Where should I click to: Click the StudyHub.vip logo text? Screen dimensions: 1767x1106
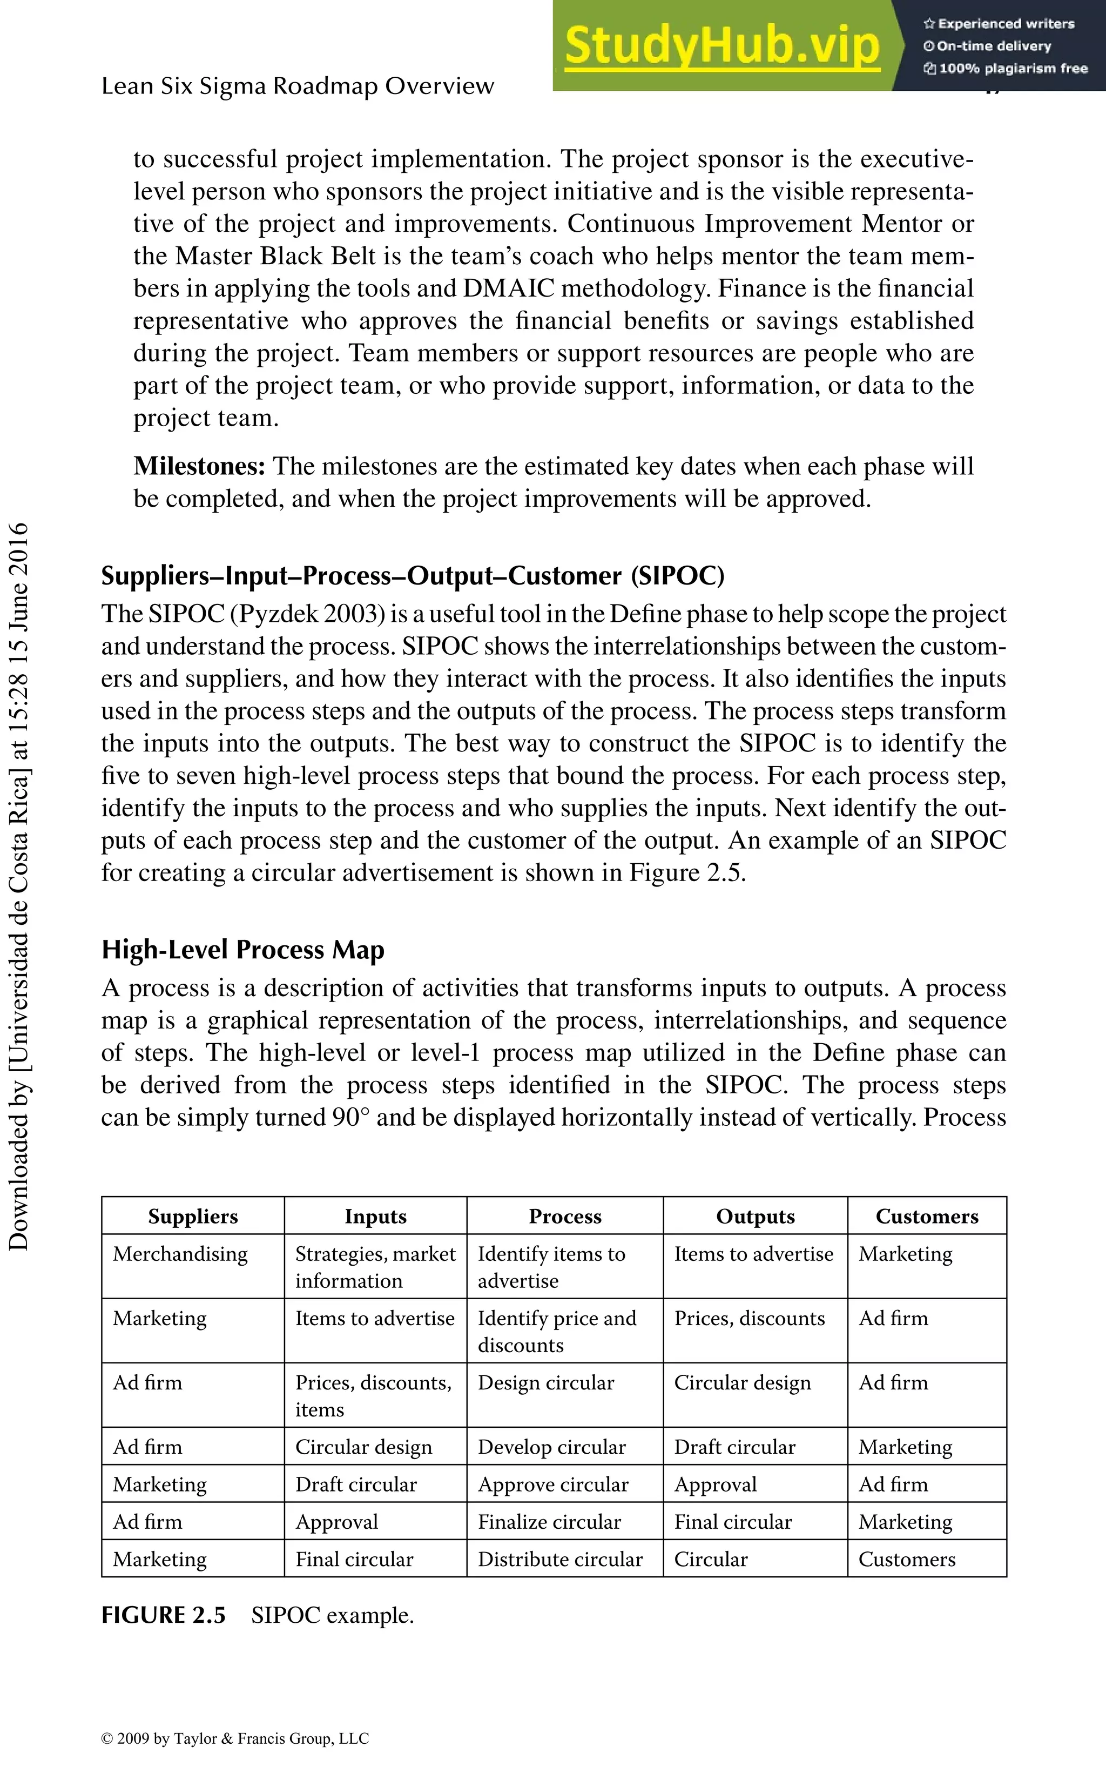tap(721, 45)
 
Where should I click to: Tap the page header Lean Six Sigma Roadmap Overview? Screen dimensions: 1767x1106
tap(298, 86)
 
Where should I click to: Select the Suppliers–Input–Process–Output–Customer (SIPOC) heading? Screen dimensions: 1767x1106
tap(413, 576)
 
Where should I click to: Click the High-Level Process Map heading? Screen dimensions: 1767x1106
tap(243, 950)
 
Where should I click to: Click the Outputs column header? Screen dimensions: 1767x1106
tap(755, 1216)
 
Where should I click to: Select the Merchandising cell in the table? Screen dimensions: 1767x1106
tap(180, 1254)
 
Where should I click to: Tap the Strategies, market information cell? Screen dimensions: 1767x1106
tap(375, 1267)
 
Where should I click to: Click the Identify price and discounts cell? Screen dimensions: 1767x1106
tap(557, 1331)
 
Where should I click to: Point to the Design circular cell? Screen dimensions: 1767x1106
tap(545, 1383)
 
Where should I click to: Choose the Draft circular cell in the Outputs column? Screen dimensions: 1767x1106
tap(734, 1447)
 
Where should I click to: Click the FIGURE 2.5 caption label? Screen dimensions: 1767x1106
tap(163, 1616)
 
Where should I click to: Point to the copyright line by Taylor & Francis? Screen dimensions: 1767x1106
tap(235, 1738)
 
